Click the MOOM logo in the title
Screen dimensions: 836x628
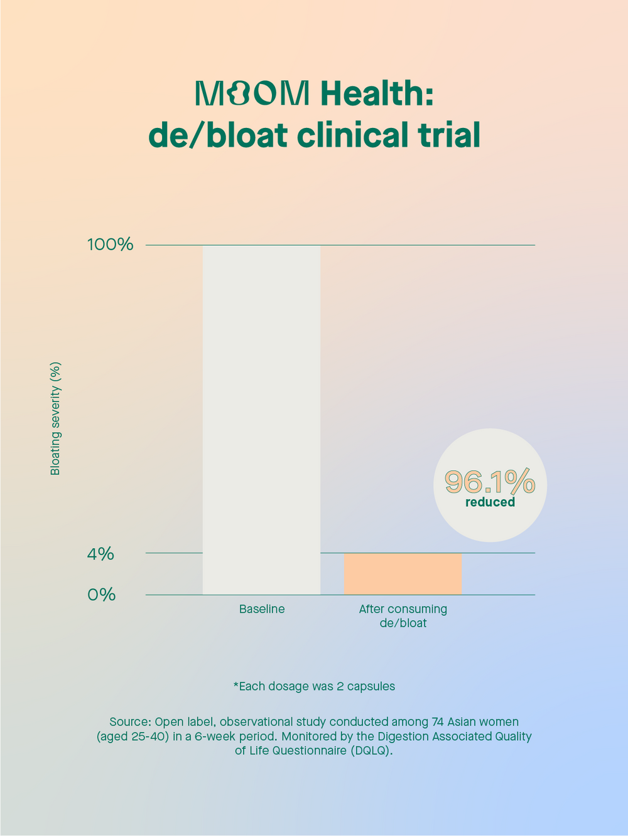(252, 93)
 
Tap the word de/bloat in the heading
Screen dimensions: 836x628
(218, 135)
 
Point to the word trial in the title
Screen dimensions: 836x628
(450, 135)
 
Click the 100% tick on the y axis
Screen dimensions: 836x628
(110, 245)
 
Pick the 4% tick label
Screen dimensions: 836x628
(100, 554)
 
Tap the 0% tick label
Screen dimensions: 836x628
(101, 595)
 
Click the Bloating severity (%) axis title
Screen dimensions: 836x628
(55, 418)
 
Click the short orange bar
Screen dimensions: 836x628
(403, 574)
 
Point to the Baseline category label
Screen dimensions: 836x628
(262, 609)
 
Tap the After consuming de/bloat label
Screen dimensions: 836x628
(403, 616)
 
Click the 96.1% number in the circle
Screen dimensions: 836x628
(490, 482)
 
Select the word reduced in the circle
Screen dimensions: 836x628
(490, 502)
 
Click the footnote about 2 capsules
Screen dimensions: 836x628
(314, 686)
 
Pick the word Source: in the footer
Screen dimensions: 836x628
(130, 722)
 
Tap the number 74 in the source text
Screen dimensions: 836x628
(438, 722)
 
